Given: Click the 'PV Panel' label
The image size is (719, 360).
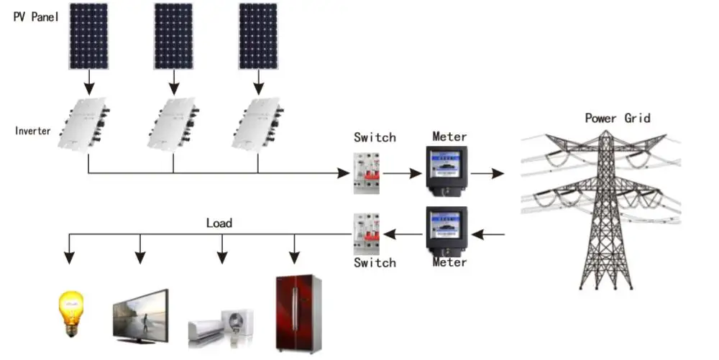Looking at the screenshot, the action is (36, 17).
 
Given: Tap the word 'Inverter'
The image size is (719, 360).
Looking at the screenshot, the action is (32, 131).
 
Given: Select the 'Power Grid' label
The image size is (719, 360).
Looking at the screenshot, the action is (618, 118).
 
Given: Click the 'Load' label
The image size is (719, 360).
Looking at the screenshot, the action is (219, 223).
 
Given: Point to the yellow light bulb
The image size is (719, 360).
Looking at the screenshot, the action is (71, 314).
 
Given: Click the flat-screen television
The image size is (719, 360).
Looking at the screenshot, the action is (141, 316).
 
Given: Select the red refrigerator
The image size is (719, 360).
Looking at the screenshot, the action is (298, 313).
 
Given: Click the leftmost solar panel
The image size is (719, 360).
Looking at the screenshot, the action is (89, 36).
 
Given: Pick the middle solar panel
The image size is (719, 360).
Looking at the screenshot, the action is (173, 36).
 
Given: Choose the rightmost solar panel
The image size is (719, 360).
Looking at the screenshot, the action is (258, 36).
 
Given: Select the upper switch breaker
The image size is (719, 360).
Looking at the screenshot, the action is (367, 173).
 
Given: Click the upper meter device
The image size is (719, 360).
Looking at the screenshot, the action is (446, 172).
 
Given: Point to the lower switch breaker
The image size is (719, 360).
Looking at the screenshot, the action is (367, 234).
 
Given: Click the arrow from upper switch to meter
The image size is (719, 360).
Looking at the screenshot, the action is (402, 174).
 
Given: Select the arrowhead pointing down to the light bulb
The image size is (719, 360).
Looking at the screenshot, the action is (69, 258).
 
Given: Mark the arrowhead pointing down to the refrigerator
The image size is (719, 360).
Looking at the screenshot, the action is (294, 258).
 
